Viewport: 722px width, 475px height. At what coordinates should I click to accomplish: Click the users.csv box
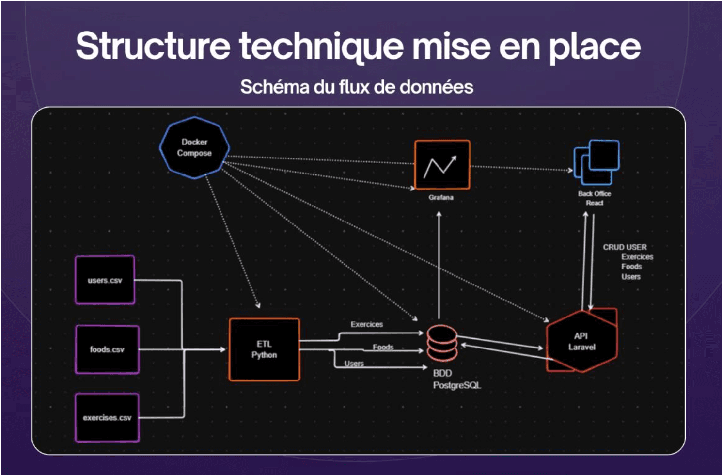pos(105,280)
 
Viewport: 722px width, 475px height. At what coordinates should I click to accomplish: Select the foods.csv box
pos(107,349)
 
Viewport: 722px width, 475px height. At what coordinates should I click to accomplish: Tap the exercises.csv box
pos(107,418)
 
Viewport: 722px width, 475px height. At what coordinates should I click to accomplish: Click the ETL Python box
pos(264,349)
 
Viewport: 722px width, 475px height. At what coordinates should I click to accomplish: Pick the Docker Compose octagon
pos(194,148)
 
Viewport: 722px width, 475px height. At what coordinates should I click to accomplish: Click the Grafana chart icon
pos(442,164)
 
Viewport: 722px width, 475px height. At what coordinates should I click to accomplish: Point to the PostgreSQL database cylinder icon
pos(442,343)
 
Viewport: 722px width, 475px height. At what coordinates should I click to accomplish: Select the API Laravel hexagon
pos(582,342)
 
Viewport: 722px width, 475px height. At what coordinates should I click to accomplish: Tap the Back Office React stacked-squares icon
pos(596,162)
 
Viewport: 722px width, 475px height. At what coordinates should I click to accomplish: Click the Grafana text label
pos(441,197)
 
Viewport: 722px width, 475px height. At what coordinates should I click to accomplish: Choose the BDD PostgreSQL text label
pos(457,379)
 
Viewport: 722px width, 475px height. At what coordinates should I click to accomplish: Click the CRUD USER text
pos(625,247)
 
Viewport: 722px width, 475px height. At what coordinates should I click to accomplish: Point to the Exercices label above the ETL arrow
pos(367,324)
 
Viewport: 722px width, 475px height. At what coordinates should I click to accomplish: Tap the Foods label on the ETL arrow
pos(383,347)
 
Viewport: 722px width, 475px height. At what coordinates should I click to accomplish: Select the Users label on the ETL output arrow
pos(354,364)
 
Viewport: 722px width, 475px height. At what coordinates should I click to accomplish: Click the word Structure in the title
pos(153,46)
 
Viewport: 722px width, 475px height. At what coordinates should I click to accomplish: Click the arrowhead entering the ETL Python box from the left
pos(222,349)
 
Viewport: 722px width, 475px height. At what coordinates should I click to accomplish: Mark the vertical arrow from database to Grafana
pos(439,265)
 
